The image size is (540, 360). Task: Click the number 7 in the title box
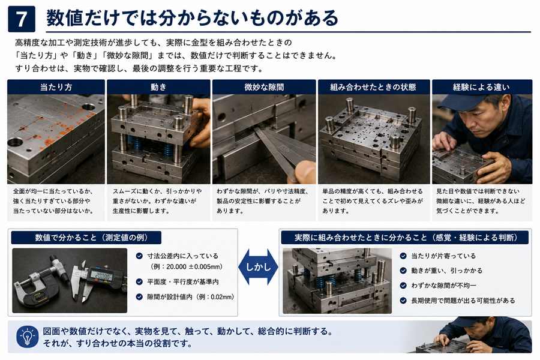22,19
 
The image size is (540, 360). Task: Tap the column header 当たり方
56,87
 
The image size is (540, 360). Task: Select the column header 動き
158,87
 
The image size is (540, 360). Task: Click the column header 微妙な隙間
264,87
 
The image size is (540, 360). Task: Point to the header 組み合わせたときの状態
373,87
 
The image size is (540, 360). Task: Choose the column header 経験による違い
481,87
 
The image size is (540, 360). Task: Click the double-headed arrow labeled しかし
258,267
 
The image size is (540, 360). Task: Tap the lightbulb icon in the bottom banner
27,337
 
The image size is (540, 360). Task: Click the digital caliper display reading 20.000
104,276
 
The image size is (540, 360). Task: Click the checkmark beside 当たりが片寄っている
403,256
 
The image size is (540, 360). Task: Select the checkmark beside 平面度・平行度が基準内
139,282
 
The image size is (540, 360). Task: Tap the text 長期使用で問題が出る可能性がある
463,301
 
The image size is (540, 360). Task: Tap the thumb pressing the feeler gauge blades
304,172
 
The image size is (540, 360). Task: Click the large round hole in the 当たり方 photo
15,142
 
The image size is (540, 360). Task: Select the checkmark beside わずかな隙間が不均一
403,286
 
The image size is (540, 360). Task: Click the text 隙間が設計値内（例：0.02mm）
190,297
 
